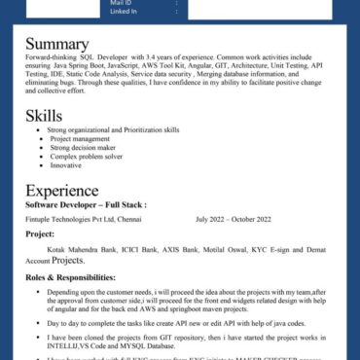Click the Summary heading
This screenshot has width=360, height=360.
[x=56, y=44]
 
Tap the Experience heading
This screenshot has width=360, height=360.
[x=61, y=191]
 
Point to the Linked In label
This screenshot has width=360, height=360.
[x=124, y=12]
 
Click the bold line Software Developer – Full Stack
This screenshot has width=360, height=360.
[x=86, y=205]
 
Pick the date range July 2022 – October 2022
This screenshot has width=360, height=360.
[x=234, y=219]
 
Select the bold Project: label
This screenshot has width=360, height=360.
[x=40, y=234]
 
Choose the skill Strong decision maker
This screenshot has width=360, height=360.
[x=85, y=147]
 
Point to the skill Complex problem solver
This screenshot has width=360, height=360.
[x=87, y=156]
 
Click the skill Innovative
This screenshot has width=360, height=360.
[x=66, y=164]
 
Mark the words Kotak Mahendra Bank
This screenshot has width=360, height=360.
[x=77, y=250]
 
